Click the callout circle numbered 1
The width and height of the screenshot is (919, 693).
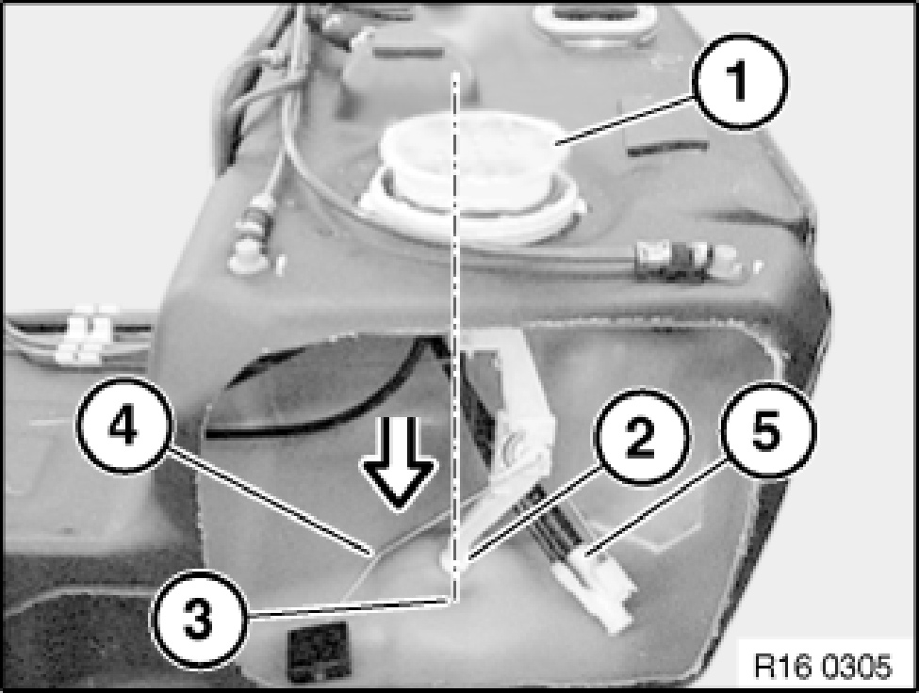point(740,81)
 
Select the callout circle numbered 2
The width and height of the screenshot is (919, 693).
point(641,438)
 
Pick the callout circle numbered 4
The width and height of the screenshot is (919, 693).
point(123,426)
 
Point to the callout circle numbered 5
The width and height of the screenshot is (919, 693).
point(767,430)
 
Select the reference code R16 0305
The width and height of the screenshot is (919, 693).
point(822,666)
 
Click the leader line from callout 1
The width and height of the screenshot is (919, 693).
point(625,120)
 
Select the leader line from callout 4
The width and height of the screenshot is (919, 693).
point(268,500)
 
